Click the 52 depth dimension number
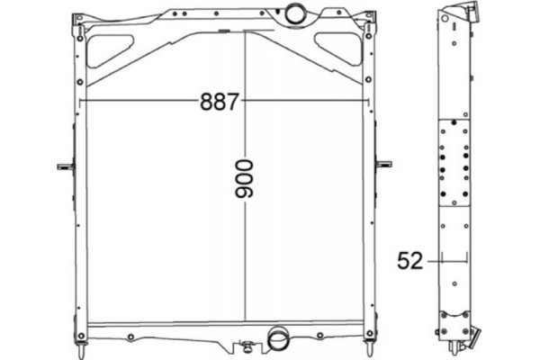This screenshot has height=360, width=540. click(x=409, y=261)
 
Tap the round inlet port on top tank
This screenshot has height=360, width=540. click(x=294, y=14)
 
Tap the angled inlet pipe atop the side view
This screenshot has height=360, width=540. click(x=461, y=13)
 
